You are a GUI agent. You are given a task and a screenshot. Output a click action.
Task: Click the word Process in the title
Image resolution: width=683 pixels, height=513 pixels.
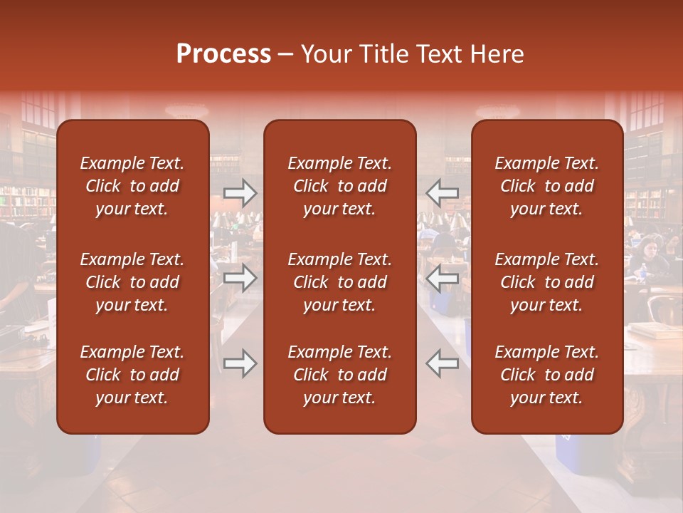(223, 54)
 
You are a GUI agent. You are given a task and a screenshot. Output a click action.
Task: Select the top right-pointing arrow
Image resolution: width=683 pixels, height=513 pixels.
(240, 192)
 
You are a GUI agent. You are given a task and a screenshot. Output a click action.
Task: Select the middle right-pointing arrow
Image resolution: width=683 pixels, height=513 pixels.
(240, 278)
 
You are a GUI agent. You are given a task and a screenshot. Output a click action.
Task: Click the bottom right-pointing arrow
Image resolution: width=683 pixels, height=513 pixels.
(240, 363)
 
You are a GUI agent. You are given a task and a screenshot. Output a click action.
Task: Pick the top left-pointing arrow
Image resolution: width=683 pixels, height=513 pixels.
(443, 192)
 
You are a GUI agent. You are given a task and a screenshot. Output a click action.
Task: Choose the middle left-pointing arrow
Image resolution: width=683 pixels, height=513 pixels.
(443, 278)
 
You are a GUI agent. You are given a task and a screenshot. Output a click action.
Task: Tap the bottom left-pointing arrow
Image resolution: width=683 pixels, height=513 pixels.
(443, 363)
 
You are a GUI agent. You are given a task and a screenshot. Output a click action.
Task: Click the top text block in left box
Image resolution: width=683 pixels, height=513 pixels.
(132, 186)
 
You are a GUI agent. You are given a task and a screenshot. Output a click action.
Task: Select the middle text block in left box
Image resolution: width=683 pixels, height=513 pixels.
(132, 282)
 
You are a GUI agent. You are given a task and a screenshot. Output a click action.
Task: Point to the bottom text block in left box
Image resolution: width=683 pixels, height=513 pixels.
(132, 375)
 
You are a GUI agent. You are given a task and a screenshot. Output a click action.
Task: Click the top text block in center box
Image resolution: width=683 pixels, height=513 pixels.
(339, 186)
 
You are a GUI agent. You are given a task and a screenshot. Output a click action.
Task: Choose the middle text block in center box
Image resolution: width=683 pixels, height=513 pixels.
(339, 282)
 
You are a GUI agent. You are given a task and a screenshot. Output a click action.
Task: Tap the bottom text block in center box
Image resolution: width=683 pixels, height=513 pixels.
(339, 375)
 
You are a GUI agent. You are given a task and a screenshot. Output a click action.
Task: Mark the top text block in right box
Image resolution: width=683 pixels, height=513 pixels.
(546, 186)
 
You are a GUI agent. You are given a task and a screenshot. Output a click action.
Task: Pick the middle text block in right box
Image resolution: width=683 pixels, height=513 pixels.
(546, 282)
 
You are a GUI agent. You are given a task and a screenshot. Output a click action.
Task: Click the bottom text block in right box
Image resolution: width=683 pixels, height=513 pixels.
(546, 375)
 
